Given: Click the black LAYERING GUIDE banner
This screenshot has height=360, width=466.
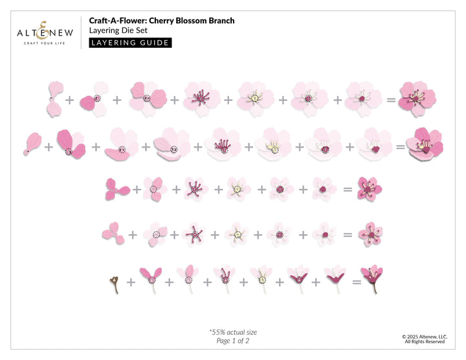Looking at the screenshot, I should (x=130, y=43).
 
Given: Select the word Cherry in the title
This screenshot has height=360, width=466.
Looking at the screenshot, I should (x=168, y=21).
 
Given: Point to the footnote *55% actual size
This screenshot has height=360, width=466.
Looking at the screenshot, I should (x=232, y=332).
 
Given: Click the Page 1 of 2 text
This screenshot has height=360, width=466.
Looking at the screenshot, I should (x=232, y=341).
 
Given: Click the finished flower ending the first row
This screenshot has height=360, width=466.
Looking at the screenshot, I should (x=417, y=98).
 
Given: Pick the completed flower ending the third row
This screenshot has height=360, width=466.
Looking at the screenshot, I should (x=370, y=188).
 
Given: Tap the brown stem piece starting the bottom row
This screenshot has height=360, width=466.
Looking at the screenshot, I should (x=114, y=283).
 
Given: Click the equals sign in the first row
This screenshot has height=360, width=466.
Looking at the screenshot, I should (x=390, y=100).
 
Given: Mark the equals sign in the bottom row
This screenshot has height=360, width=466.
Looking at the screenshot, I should (x=356, y=282).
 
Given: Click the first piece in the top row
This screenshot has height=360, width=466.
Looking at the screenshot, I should (x=54, y=98).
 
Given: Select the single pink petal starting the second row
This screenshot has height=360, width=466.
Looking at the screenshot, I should (x=32, y=144).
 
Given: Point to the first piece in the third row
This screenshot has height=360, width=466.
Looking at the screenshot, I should (x=116, y=189).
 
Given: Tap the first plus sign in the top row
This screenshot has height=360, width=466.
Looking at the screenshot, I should (x=70, y=100).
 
